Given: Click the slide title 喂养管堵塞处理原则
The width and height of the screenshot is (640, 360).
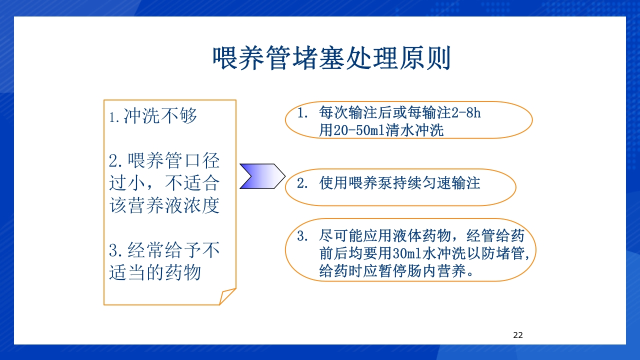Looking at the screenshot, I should pos(331,59).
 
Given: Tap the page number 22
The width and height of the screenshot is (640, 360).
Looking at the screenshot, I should pos(518,335).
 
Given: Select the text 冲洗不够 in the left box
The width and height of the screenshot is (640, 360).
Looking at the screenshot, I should pos(160,116).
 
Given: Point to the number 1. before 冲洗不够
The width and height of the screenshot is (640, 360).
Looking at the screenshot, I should pos(114,118).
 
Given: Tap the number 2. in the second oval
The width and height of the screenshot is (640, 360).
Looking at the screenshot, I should pos(302,183).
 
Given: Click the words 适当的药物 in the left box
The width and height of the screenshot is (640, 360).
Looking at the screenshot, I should pos(155,272).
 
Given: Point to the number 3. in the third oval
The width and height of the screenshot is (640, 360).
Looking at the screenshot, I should pos(302,236).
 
